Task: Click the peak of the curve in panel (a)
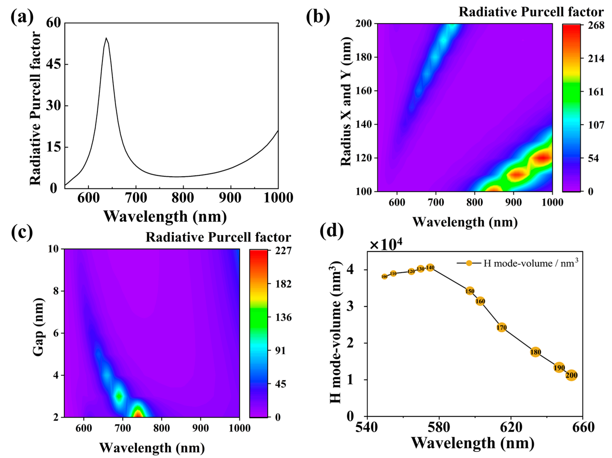(x=106, y=38)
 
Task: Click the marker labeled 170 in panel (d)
(x=502, y=328)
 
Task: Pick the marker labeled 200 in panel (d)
(x=571, y=375)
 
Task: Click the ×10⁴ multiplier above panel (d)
(x=386, y=245)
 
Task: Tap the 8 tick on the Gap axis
(x=55, y=291)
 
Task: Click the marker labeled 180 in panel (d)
(x=536, y=352)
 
